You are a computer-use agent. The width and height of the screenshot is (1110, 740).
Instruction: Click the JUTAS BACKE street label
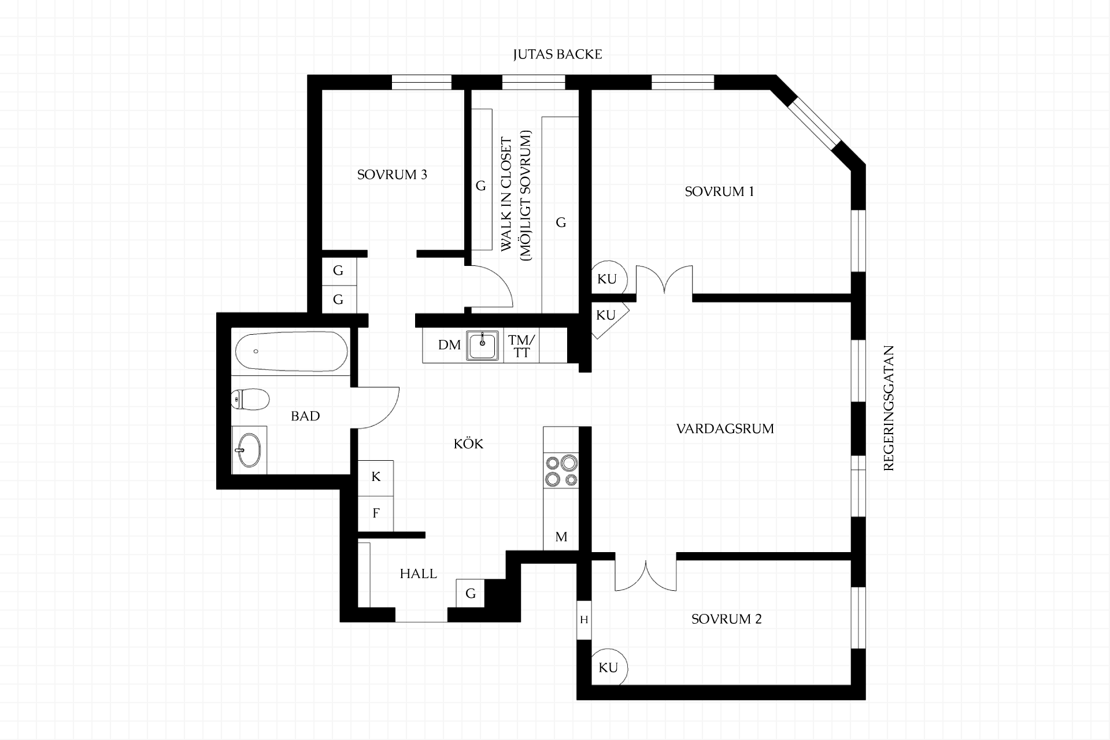click(x=557, y=54)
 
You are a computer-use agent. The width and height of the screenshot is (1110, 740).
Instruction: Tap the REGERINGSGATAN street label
click(x=889, y=408)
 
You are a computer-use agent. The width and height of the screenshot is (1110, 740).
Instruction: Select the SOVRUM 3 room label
click(x=392, y=175)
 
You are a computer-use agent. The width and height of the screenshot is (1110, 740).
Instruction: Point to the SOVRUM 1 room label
click(x=719, y=191)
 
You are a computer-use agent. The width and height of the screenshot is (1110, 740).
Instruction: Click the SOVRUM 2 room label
click(x=726, y=619)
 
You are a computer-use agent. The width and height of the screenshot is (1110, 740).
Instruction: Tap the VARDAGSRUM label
click(x=725, y=429)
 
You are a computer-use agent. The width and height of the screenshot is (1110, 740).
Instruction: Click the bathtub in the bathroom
click(x=291, y=351)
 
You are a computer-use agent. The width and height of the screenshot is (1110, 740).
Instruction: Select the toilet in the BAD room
click(x=250, y=399)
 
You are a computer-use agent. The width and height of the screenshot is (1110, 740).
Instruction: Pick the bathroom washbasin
click(x=249, y=450)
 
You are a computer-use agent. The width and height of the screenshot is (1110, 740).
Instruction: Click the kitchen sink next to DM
click(x=483, y=346)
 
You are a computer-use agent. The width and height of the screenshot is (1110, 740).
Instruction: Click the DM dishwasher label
click(x=449, y=345)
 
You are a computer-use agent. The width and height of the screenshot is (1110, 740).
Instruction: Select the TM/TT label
click(x=521, y=346)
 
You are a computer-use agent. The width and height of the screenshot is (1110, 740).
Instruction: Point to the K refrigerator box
click(x=376, y=478)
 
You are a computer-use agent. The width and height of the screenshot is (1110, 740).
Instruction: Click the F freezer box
click(x=376, y=513)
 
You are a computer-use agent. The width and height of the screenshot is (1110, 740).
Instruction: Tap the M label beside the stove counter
click(x=561, y=537)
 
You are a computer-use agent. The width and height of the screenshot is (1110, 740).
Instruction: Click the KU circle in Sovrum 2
click(x=609, y=668)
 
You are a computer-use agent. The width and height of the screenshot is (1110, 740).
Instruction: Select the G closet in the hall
click(x=470, y=593)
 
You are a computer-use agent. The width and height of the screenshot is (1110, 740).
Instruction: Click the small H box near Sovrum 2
click(x=584, y=620)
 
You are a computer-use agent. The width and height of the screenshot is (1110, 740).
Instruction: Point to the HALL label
click(x=418, y=574)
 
